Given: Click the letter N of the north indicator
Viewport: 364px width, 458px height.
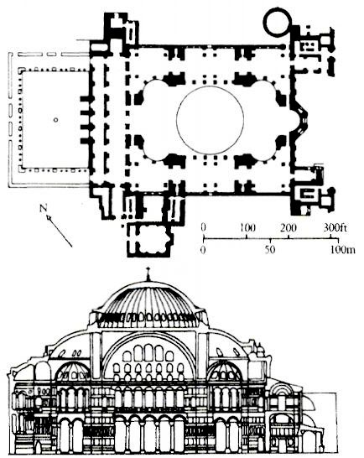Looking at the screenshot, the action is pyautogui.click(x=44, y=208).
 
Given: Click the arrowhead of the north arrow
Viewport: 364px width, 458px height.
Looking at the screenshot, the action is pyautogui.click(x=49, y=217).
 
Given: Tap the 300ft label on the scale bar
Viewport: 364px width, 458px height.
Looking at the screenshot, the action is pyautogui.click(x=335, y=228).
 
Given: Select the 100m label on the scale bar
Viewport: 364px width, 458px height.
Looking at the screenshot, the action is pyautogui.click(x=343, y=250).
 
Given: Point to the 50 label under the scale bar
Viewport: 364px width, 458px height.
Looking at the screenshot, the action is pyautogui.click(x=270, y=250).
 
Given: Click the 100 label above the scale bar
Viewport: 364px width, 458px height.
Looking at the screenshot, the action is pyautogui.click(x=247, y=228).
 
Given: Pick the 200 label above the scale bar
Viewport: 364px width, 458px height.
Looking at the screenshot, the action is pyautogui.click(x=289, y=228).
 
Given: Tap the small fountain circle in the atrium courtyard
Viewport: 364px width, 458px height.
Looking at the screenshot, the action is pyautogui.click(x=56, y=120).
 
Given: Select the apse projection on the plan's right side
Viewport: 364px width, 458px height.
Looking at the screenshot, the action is pyautogui.click(x=301, y=119).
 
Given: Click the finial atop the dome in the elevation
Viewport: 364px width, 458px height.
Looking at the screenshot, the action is pyautogui.click(x=148, y=274).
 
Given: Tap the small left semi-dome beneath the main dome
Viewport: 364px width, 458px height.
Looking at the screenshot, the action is pyautogui.click(x=72, y=371).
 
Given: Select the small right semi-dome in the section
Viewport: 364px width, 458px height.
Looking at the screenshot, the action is pyautogui.click(x=225, y=371).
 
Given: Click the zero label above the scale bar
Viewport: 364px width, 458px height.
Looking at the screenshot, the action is pyautogui.click(x=203, y=228).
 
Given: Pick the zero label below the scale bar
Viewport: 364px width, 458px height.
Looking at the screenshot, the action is pyautogui.click(x=203, y=250).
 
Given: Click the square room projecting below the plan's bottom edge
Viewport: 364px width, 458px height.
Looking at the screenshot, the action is pyautogui.click(x=149, y=240).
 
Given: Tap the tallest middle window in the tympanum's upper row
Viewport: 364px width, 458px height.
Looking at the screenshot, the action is pyautogui.click(x=148, y=352).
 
